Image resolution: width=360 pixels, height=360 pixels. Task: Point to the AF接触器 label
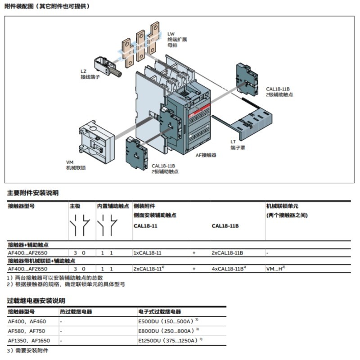pos(206,155)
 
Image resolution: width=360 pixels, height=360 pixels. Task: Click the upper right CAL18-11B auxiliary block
pos(247,79)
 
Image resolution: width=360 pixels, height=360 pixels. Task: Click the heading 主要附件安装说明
pos(32,193)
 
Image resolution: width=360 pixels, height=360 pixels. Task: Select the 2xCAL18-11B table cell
pos(227,253)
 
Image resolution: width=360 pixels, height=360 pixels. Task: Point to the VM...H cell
pos(276,269)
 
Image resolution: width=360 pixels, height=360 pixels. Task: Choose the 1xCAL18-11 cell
pos(148,253)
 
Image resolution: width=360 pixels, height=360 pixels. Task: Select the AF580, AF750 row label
pos(27,331)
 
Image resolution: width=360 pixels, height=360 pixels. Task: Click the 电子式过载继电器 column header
pos(159,311)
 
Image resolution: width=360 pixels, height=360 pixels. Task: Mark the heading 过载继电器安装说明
pos(36,300)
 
